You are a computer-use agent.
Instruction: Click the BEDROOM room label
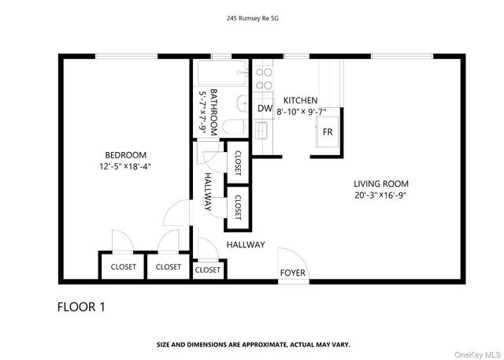tap(126, 154)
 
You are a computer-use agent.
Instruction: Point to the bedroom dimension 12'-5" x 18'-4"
tap(126, 166)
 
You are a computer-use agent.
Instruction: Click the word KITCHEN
tap(301, 101)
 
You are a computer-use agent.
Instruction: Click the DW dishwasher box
tap(265, 109)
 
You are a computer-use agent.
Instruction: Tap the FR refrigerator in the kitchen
tap(326, 131)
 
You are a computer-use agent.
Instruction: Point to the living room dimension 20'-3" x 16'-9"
tap(380, 195)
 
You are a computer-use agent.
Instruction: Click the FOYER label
tap(293, 273)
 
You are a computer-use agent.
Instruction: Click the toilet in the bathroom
tap(229, 127)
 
